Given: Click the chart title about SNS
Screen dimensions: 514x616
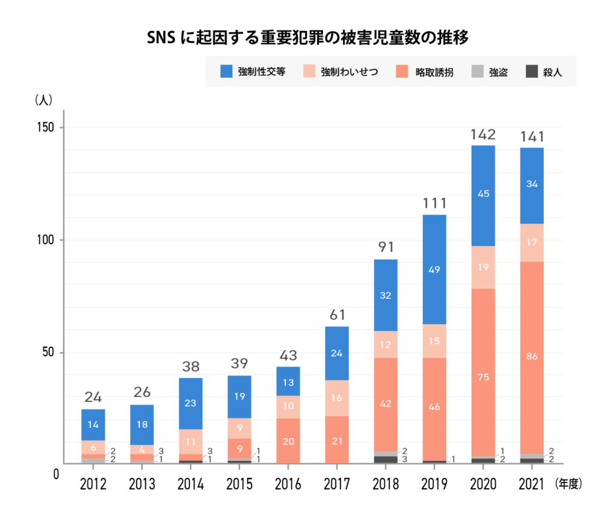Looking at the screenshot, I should [x=307, y=37].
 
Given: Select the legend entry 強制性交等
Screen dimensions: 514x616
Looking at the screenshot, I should [x=253, y=72].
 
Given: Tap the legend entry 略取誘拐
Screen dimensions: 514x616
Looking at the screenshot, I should [x=425, y=72].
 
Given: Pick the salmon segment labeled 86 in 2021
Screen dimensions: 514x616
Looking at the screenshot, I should [x=532, y=357].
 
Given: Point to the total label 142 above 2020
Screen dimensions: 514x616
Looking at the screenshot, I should [x=483, y=134].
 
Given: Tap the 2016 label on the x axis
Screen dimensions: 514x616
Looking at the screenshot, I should [x=288, y=484].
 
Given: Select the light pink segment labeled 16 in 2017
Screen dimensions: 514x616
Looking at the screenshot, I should [x=337, y=398].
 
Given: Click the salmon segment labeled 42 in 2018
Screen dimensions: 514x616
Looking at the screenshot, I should [x=386, y=404].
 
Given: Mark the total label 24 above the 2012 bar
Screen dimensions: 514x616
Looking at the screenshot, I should [x=93, y=398].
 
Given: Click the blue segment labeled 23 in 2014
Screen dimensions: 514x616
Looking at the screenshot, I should [x=191, y=403].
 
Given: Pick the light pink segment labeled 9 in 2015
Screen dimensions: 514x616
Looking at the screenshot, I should [x=239, y=428].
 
